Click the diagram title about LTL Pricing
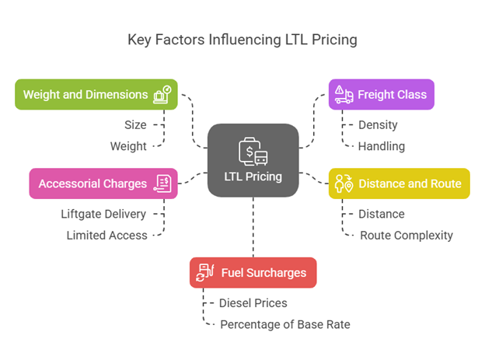[x=242, y=40]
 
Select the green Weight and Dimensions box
[x=96, y=94]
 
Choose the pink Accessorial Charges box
[x=103, y=184]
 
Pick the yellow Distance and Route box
[x=399, y=184]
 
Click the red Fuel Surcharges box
[x=253, y=273]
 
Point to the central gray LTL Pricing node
[x=253, y=159]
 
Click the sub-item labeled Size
[x=136, y=124]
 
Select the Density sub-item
[x=378, y=124]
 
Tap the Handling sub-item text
[x=381, y=145]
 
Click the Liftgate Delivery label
[x=103, y=214]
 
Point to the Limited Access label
[x=106, y=235]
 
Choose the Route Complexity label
[x=406, y=235]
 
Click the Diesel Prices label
[x=253, y=303]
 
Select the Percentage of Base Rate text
[x=285, y=324]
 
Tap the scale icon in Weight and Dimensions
[x=162, y=94]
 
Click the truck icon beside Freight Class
[x=343, y=94]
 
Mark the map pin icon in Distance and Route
[x=343, y=184]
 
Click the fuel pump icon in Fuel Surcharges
[x=206, y=273]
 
